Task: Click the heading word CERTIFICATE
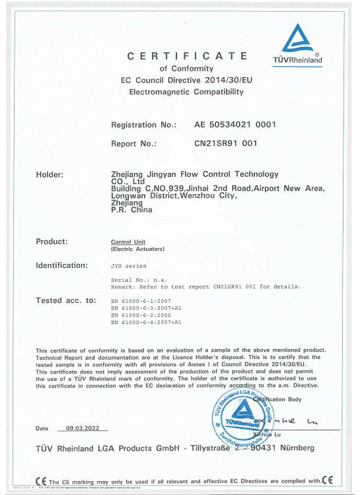click(x=187, y=56)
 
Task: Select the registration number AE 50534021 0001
click(x=235, y=125)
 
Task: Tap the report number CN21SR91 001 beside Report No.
click(x=226, y=143)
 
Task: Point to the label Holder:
click(x=50, y=175)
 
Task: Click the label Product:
click(x=52, y=242)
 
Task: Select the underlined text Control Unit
click(x=129, y=242)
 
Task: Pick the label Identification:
click(x=61, y=265)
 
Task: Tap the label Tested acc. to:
click(x=66, y=300)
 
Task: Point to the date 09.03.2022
click(x=83, y=428)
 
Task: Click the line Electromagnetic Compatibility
click(x=186, y=91)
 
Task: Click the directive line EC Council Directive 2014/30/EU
click(x=187, y=80)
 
